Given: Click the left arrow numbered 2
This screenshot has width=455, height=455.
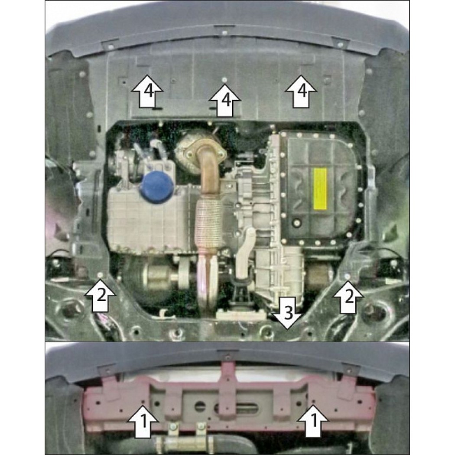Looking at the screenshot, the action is [x=100, y=296].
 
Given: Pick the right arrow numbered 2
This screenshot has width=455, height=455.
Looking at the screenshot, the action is [x=348, y=297].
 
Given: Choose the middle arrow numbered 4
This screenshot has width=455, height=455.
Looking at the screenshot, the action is [x=224, y=100].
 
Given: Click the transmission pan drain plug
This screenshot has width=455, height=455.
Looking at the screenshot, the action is [x=296, y=223].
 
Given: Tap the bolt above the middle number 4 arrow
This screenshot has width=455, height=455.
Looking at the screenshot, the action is [x=224, y=79].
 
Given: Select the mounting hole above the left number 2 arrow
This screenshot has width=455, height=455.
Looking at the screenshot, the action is [x=101, y=274].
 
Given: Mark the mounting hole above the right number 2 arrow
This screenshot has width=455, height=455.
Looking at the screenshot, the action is [x=348, y=275].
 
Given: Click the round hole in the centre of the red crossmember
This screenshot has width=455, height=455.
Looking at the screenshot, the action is [x=200, y=406].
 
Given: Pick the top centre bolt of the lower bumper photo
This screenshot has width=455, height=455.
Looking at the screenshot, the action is [x=227, y=356].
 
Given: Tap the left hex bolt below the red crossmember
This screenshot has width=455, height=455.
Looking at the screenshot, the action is [x=173, y=426].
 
